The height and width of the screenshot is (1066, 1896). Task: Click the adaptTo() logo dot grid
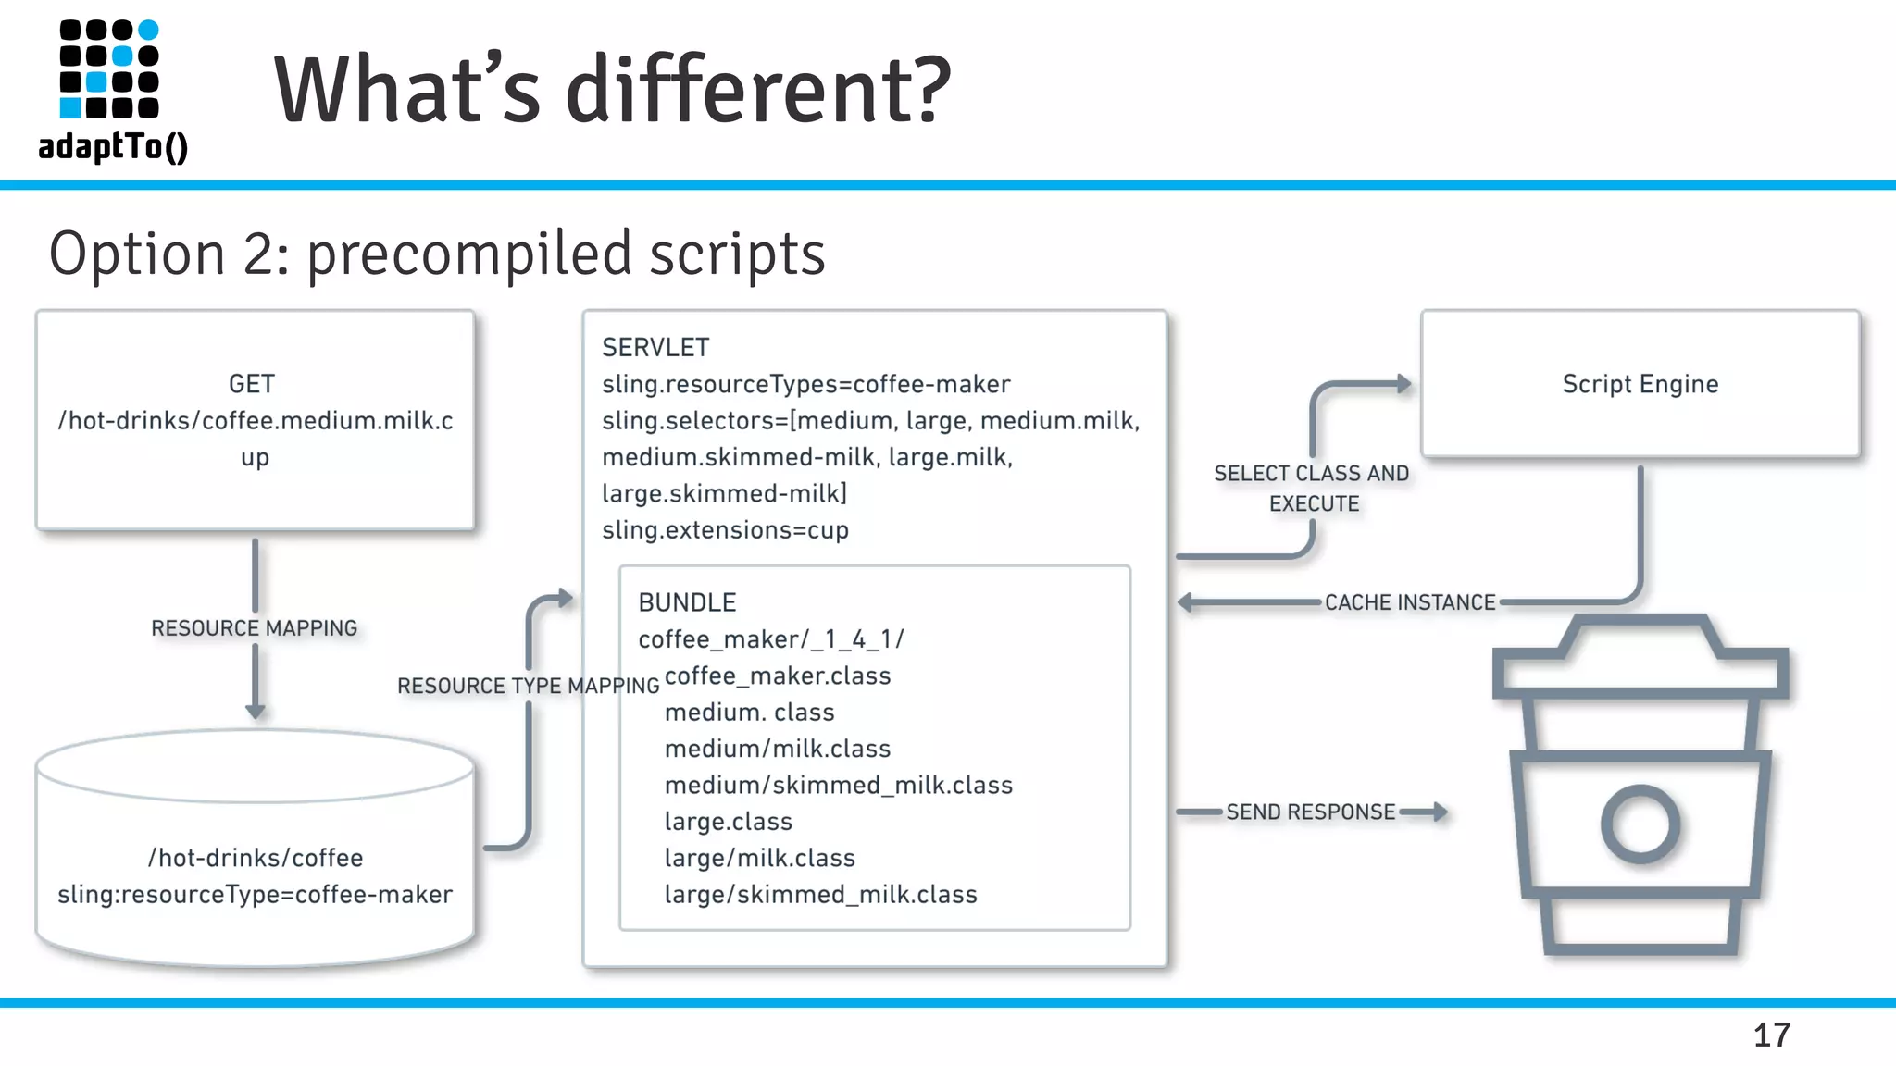tap(109, 69)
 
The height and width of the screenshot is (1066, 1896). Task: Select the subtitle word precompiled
tap(469, 254)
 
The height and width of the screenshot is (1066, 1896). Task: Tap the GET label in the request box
tap(252, 384)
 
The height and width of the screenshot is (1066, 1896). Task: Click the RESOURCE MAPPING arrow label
tap(255, 628)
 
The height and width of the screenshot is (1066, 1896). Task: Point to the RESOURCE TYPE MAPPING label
tap(528, 686)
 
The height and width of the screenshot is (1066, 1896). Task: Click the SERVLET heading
tap(655, 348)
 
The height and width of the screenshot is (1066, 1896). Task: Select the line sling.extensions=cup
tap(725, 530)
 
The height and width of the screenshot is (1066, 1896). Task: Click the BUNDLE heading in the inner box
tap(687, 602)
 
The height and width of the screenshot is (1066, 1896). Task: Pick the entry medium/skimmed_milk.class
tap(838, 786)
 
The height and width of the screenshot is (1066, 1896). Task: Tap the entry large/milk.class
tap(759, 859)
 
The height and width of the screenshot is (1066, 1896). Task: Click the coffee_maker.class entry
tap(778, 676)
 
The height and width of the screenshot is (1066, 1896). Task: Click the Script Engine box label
tap(1640, 384)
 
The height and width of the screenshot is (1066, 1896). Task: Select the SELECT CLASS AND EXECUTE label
tap(1312, 489)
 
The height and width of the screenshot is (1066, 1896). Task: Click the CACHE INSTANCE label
tap(1410, 602)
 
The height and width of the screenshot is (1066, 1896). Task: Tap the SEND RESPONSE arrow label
tap(1310, 812)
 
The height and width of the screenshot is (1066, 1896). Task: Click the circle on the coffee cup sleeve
tap(1640, 824)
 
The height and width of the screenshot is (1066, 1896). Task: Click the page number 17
tap(1771, 1035)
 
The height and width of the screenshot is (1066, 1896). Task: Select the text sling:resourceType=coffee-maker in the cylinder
tap(255, 895)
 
